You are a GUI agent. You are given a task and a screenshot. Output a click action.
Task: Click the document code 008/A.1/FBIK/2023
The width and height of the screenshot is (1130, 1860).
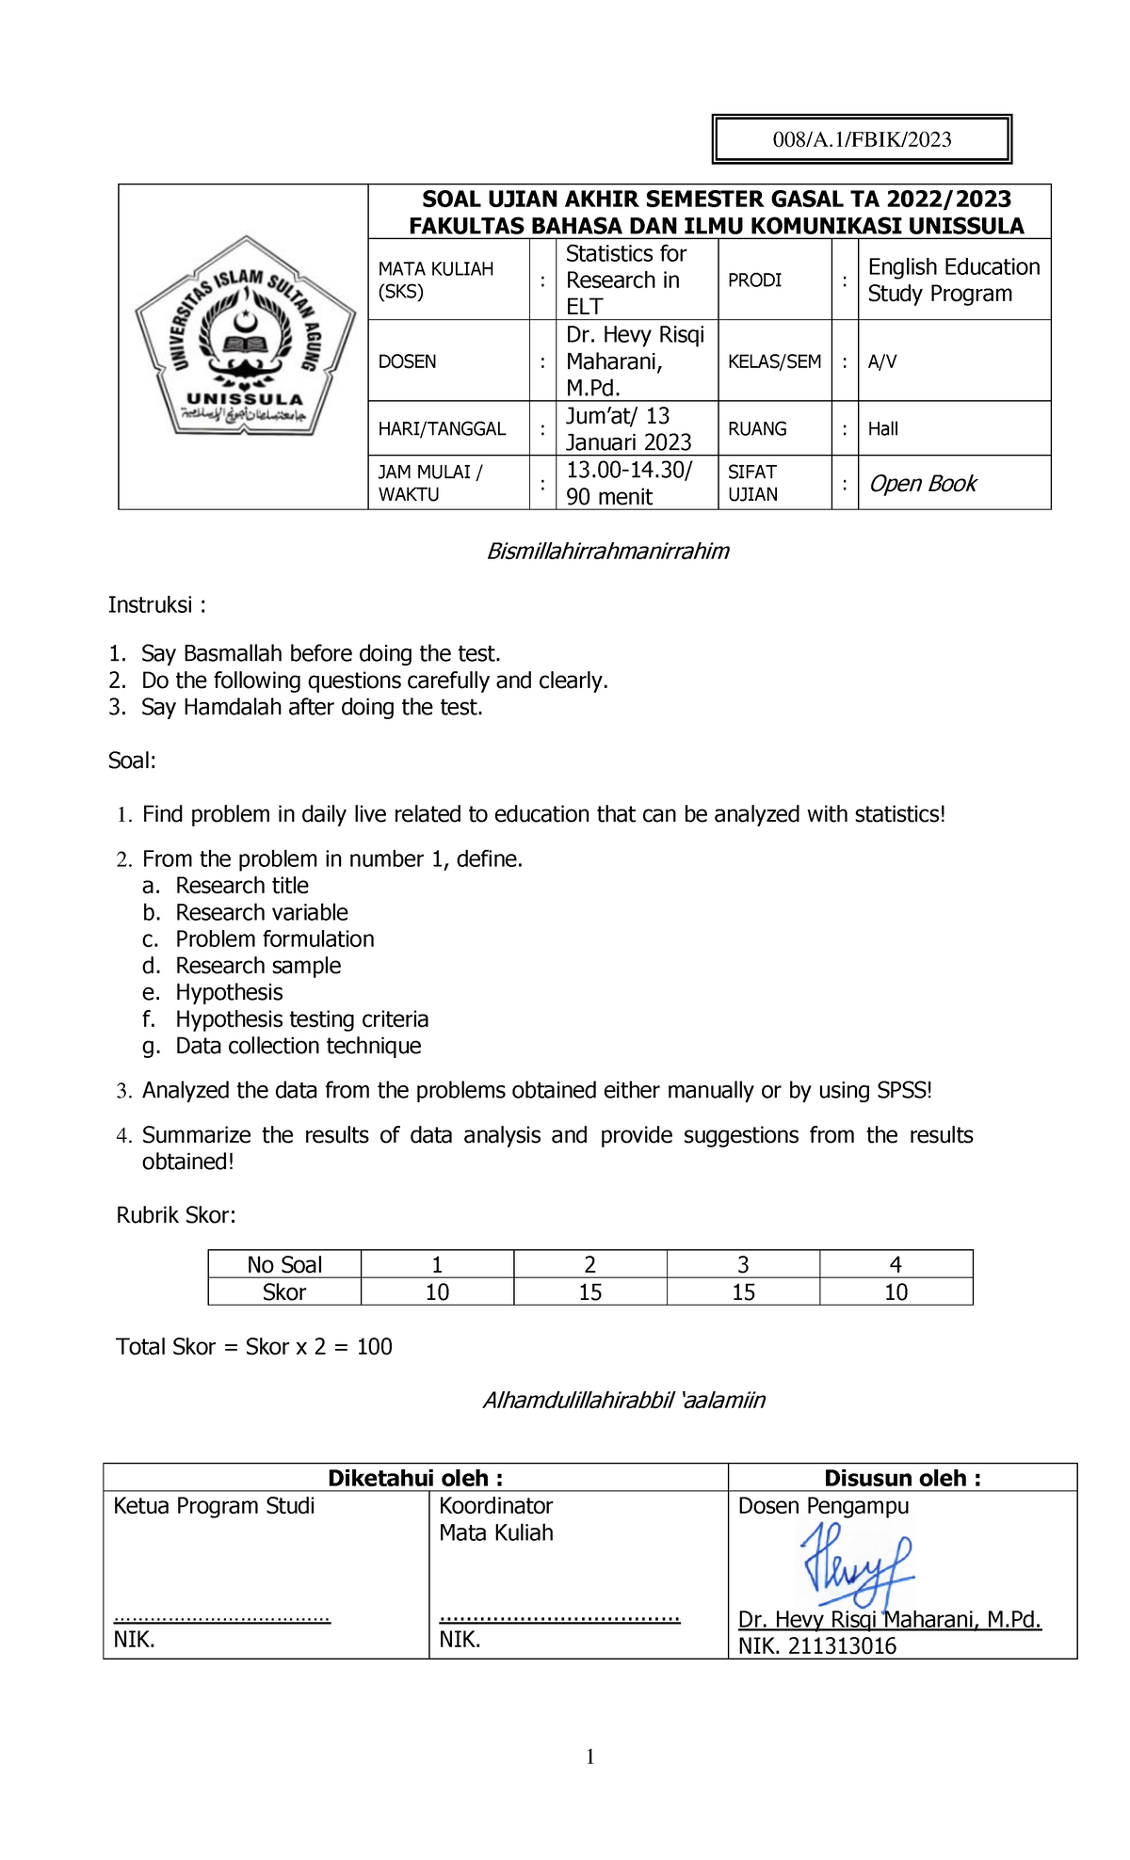point(862,140)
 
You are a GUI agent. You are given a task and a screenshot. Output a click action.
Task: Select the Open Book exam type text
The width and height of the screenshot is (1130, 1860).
point(922,484)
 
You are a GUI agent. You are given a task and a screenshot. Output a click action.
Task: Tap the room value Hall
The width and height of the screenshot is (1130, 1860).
point(883,429)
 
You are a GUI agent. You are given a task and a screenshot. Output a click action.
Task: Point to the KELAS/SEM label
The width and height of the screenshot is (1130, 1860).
point(774,361)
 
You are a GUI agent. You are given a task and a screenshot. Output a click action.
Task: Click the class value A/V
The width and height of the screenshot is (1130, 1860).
point(882,361)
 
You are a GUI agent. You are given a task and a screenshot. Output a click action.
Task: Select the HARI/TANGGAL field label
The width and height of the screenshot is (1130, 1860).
point(442,429)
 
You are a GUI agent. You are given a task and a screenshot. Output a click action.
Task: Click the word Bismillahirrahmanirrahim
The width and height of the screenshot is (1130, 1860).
point(607,552)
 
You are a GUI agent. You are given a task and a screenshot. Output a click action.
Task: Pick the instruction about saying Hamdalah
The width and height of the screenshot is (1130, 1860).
point(312,707)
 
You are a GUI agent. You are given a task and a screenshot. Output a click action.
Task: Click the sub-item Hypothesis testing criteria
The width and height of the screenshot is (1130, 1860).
point(301,1019)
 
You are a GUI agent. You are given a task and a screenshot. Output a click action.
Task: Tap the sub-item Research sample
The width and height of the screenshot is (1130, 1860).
point(258,966)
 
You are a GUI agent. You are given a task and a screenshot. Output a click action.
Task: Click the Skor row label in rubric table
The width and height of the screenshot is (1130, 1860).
point(284,1292)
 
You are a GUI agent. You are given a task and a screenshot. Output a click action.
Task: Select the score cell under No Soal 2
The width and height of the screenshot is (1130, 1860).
point(589,1292)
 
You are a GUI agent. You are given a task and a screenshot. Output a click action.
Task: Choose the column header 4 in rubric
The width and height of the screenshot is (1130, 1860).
point(895,1264)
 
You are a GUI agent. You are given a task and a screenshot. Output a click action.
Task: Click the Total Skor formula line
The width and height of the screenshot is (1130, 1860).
point(254,1347)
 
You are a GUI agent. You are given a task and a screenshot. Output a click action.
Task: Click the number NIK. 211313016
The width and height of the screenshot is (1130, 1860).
point(816,1646)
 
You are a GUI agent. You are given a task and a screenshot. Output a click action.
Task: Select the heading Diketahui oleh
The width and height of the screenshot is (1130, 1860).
point(414,1478)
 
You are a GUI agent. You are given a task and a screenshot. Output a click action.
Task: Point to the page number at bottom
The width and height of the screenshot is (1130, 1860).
point(589,1756)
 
